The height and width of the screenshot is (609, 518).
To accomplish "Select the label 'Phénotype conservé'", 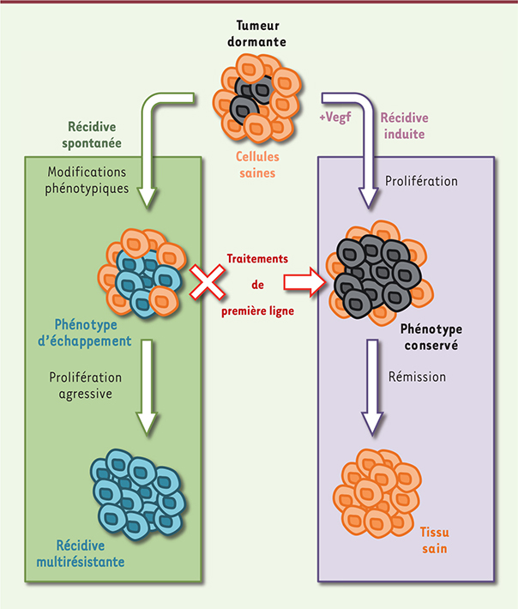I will pos(431,338).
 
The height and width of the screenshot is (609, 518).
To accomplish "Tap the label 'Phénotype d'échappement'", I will pos(92,332).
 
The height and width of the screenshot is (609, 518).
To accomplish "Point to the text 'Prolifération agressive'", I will pos(85,386).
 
